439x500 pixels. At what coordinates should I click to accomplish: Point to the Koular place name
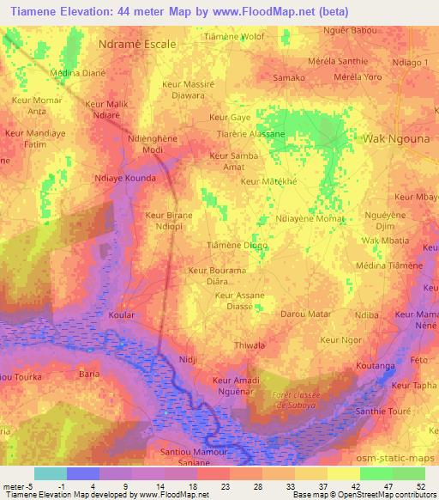coord(123,315)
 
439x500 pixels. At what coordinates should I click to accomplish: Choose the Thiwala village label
coord(251,347)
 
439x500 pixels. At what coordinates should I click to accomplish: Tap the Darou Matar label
coord(305,314)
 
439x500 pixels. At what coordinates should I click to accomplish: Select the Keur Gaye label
coord(230,117)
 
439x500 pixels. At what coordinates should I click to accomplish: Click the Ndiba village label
coord(367,315)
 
